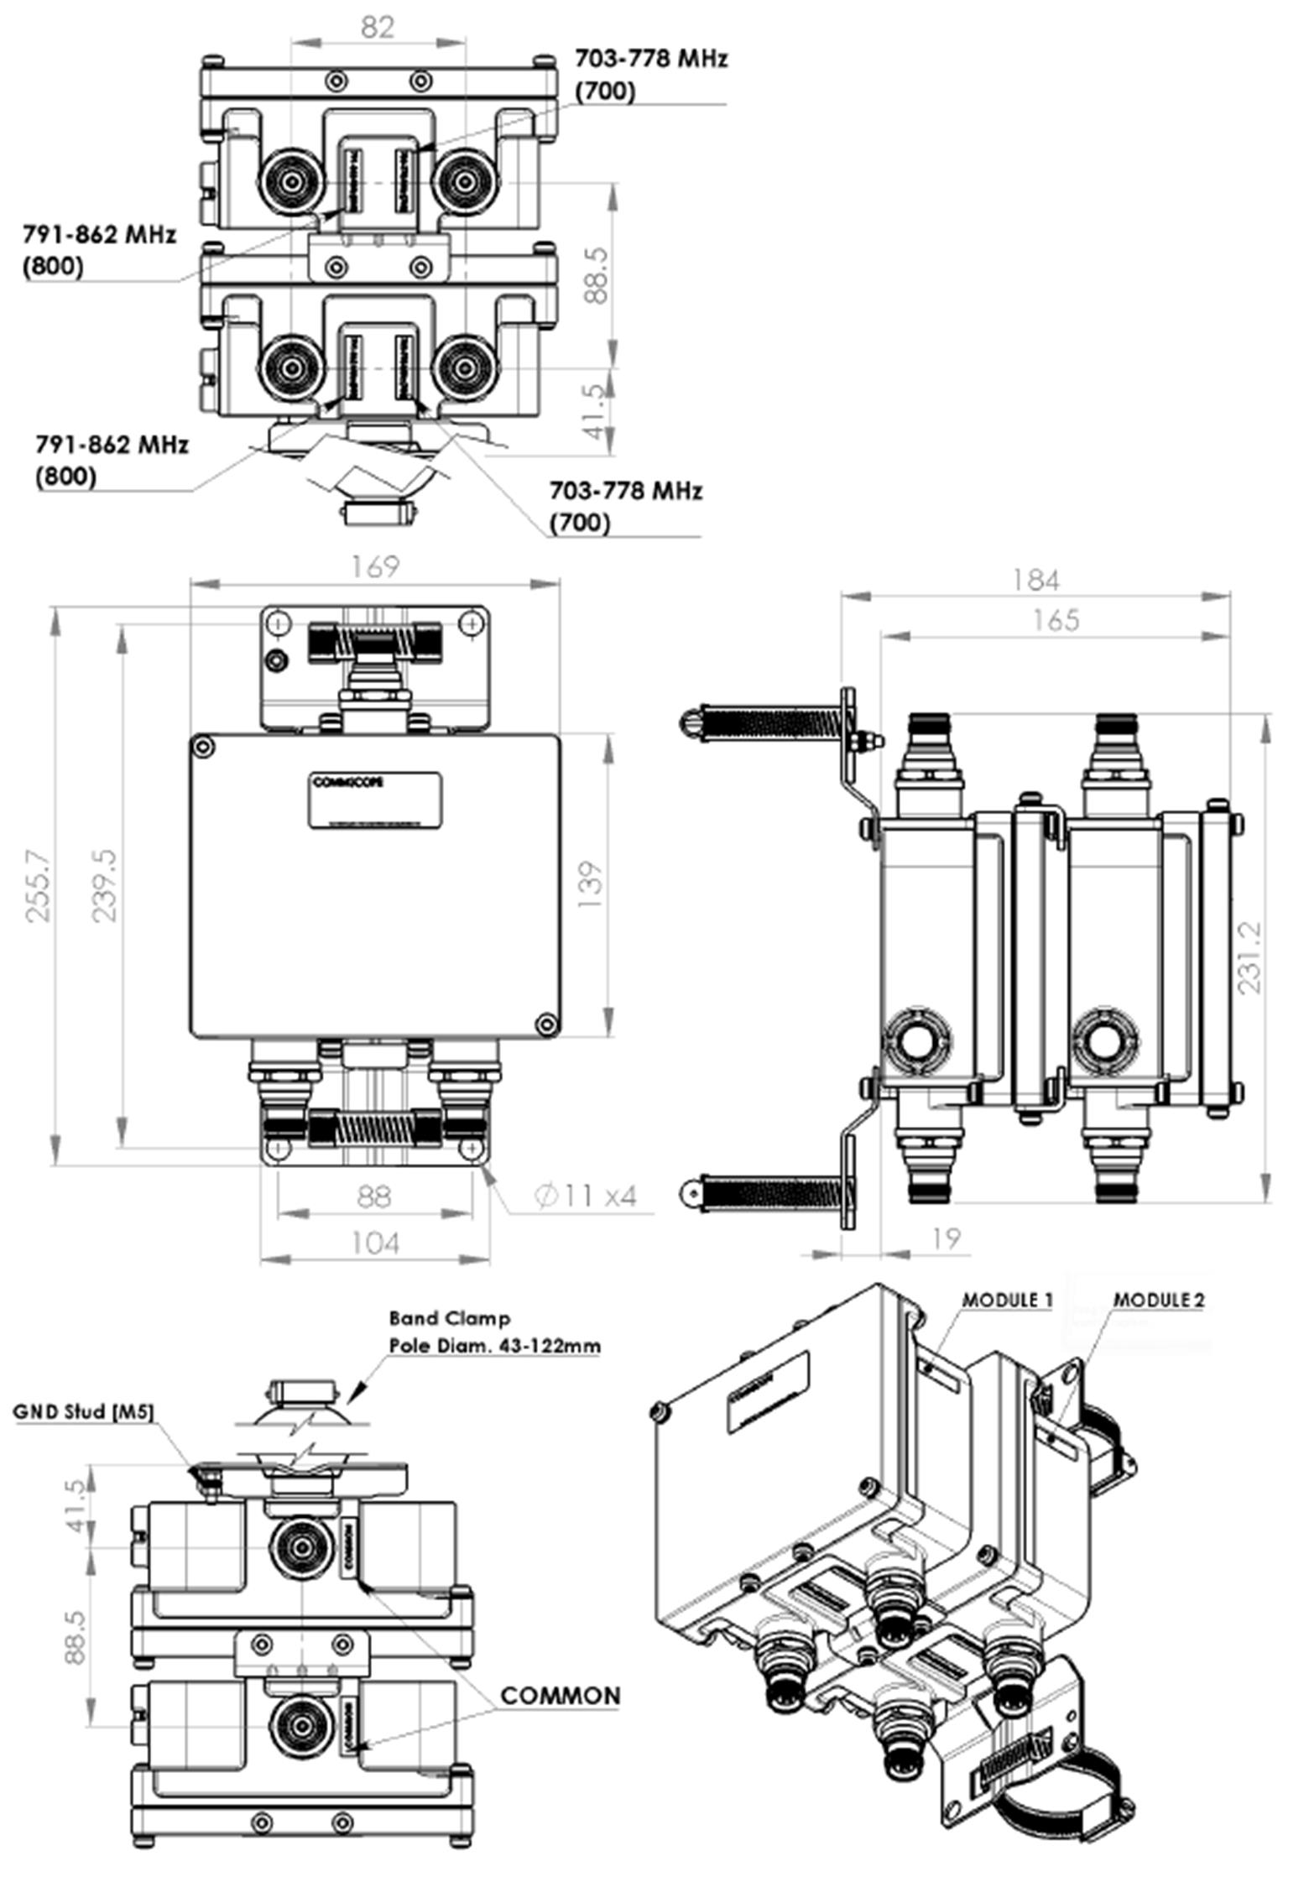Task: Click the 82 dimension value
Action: point(378,28)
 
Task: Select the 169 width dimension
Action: point(374,567)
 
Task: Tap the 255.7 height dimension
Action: point(39,886)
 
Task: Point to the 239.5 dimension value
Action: point(105,886)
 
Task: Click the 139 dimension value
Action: point(591,884)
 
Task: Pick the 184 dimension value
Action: point(1035,580)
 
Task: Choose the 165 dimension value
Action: point(1055,620)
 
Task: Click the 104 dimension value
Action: point(374,1243)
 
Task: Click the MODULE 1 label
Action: point(1006,1301)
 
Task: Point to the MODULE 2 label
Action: point(1158,1301)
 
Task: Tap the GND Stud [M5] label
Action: point(84,1411)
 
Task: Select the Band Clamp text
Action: point(449,1318)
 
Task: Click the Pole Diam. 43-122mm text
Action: point(494,1345)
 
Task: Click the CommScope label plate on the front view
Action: point(376,801)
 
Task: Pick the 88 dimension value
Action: point(374,1196)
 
